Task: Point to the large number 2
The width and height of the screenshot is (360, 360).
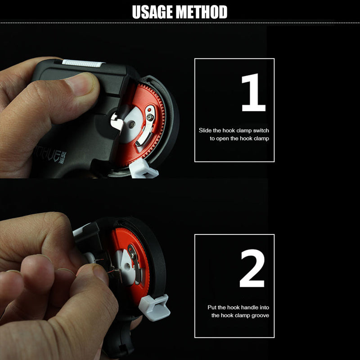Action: point(252,269)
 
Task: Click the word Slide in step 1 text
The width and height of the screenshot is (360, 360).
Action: point(206,130)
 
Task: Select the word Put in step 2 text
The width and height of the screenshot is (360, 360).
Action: point(212,307)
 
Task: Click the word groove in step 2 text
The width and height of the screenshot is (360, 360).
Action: point(260,315)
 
